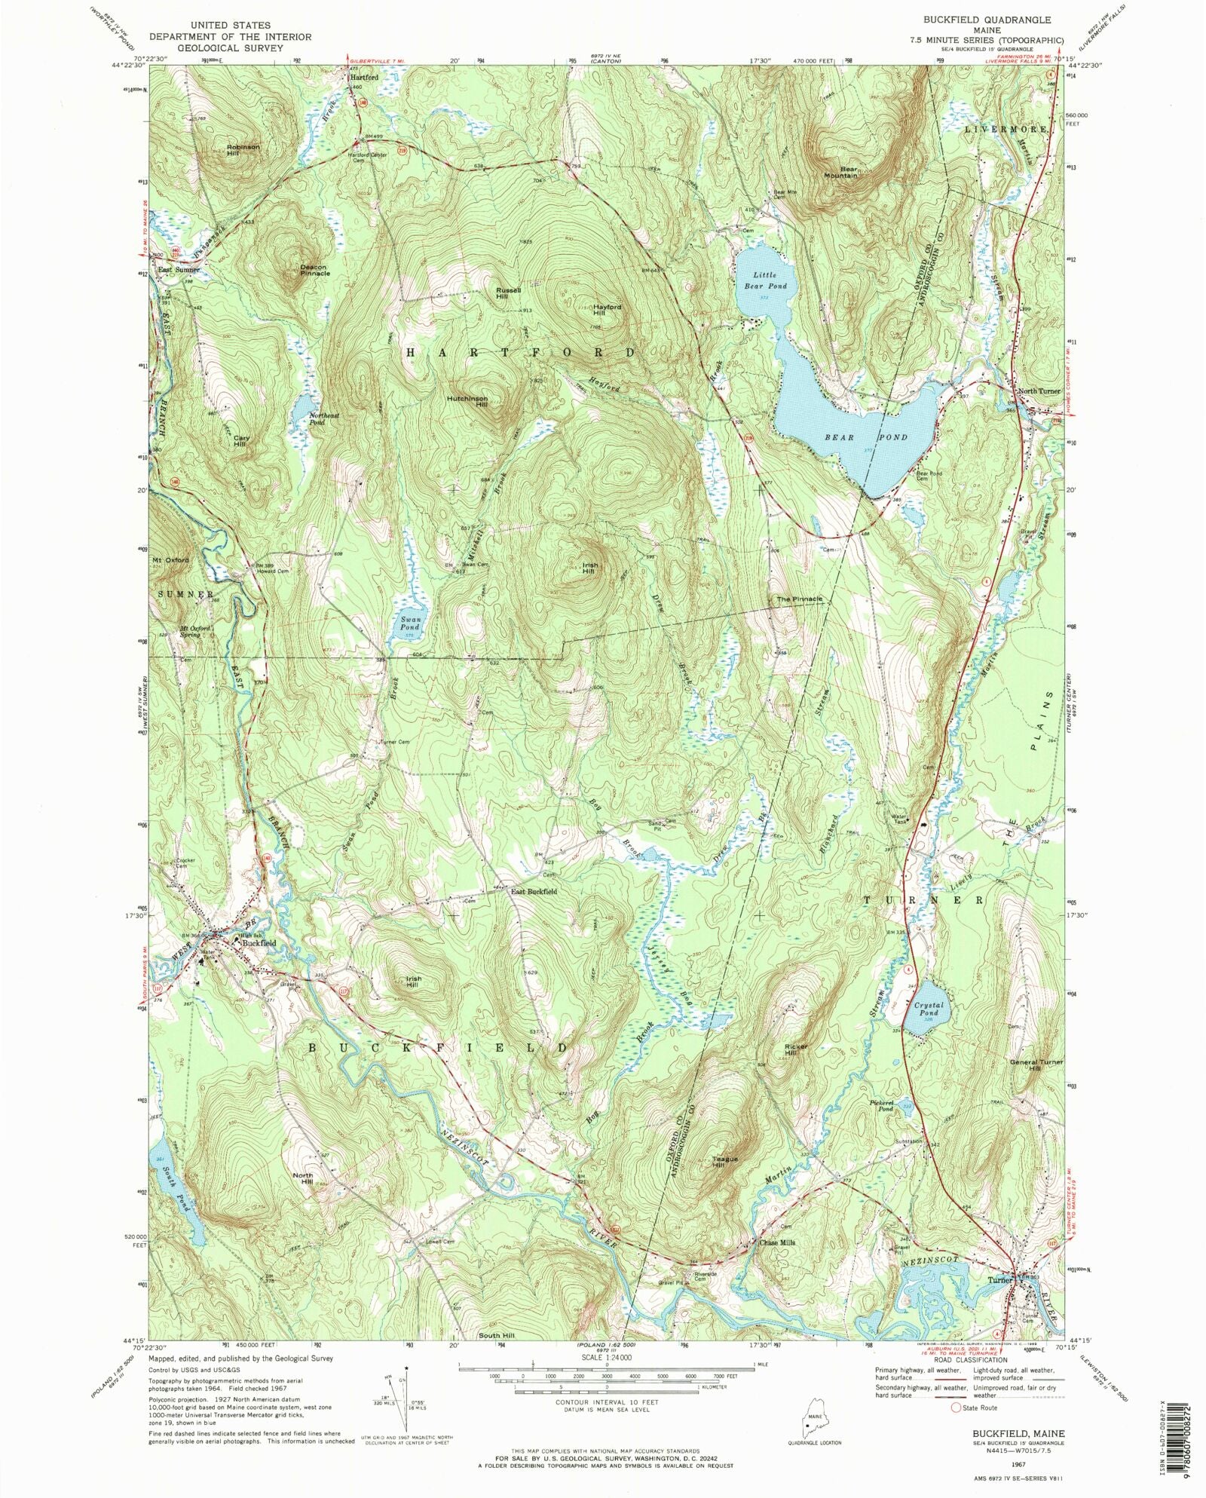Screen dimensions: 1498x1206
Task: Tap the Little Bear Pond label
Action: point(765,280)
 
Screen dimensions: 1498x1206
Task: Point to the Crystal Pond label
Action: point(928,1009)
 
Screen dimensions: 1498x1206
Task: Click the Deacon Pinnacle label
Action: point(314,270)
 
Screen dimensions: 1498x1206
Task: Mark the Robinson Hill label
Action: point(243,150)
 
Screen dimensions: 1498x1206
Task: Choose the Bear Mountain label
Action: point(840,172)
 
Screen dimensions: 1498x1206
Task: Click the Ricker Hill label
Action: point(795,1050)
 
